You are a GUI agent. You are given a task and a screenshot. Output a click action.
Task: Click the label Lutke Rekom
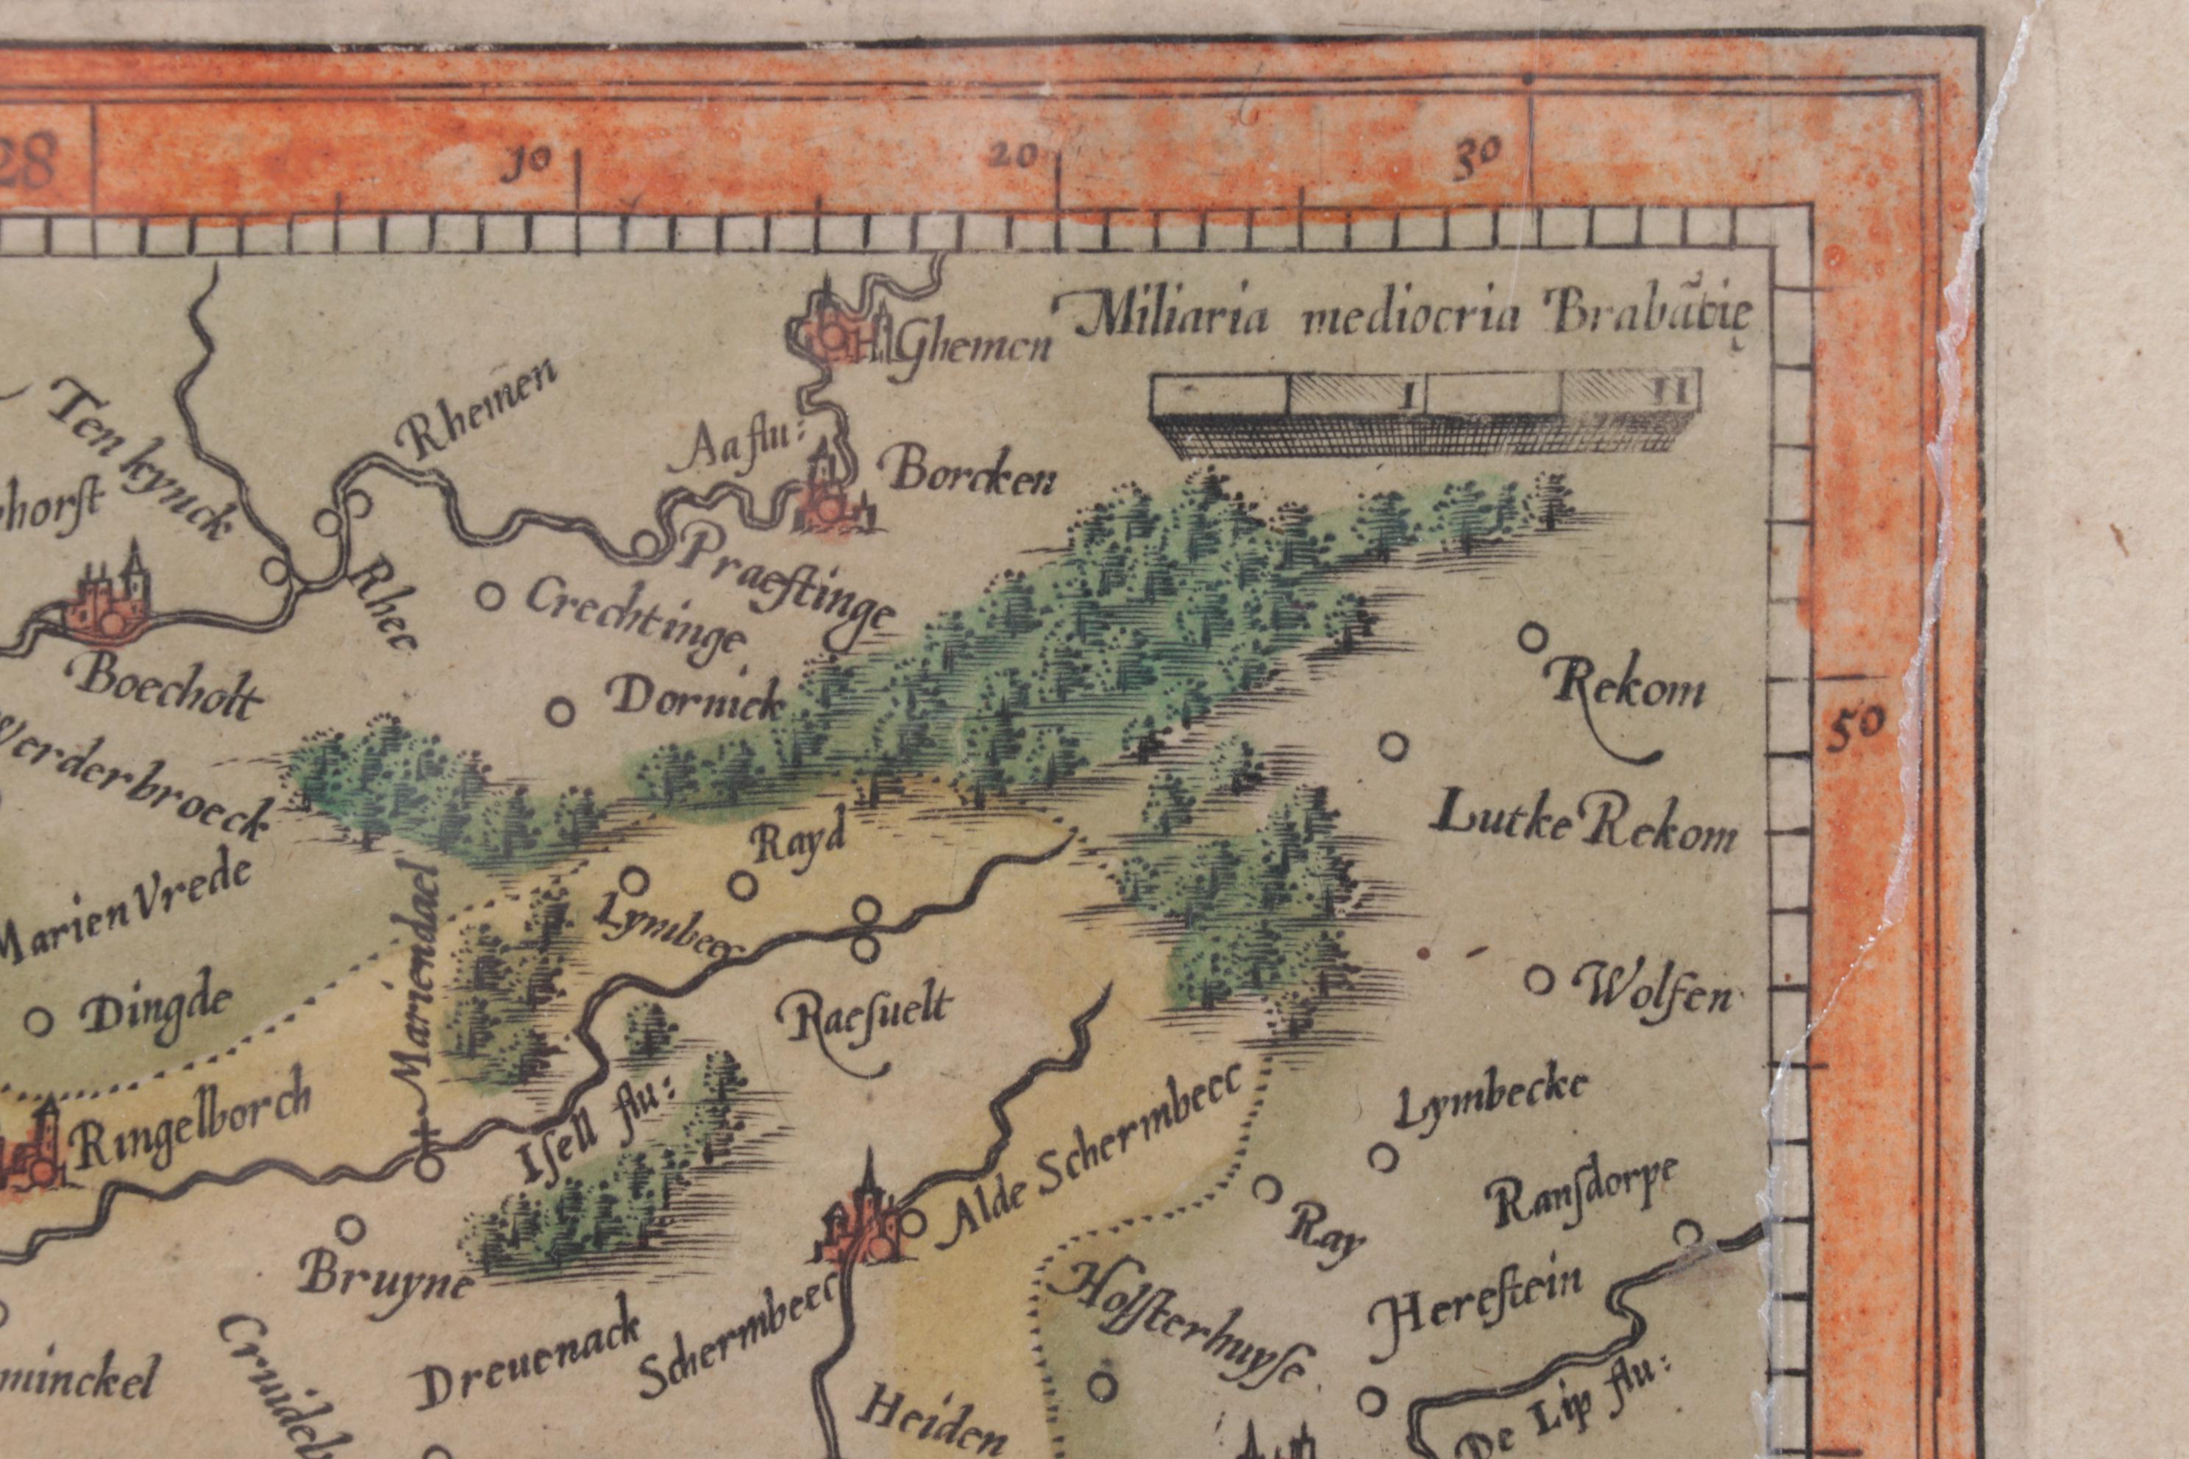tap(1584, 827)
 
